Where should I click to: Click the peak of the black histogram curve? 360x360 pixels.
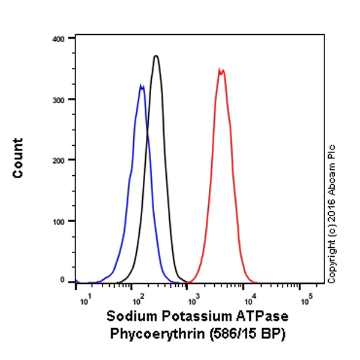[x=156, y=56]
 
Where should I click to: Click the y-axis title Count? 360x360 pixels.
[x=18, y=158]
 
